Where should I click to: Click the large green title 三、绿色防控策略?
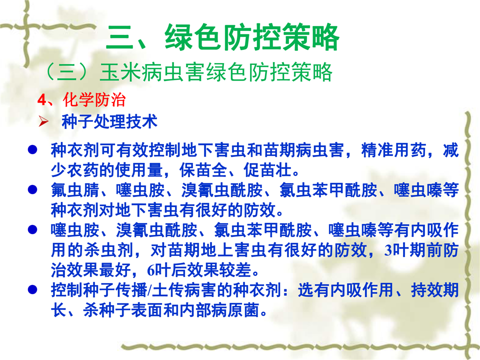pos(222,37)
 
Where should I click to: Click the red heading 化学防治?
pos(94,99)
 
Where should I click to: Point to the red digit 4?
pos(41,100)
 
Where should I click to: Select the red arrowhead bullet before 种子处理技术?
pos(43,122)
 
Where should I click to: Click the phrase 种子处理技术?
pos(109,121)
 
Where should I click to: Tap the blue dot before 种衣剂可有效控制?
pos(32,149)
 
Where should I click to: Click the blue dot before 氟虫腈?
pos(32,190)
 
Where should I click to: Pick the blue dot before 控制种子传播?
pos(32,289)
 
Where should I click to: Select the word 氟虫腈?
pos(75,190)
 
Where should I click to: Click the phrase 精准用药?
pos(393,150)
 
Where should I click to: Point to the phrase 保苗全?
pos(203,170)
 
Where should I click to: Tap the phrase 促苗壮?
pos(267,170)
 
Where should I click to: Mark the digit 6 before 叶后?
pos(151,270)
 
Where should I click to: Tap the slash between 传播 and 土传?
pos(149,290)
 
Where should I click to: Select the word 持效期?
pos(434,289)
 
